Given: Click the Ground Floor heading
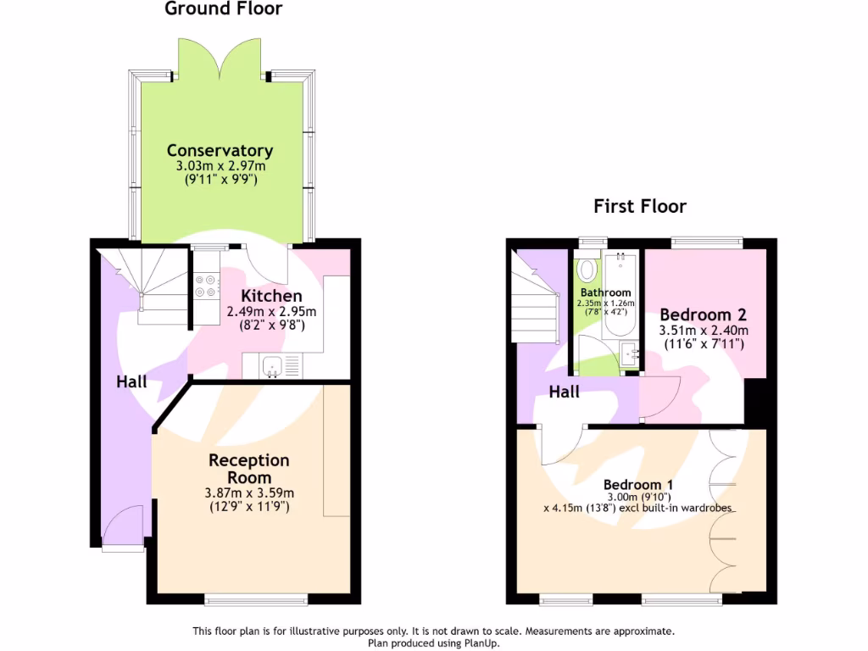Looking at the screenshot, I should click(x=223, y=9).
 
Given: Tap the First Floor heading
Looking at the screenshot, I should click(x=639, y=206).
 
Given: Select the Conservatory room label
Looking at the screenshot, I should click(x=220, y=151).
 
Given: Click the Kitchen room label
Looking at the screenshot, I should click(x=271, y=296).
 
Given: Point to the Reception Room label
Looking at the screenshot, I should click(x=249, y=469).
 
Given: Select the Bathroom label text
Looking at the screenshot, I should click(x=605, y=293).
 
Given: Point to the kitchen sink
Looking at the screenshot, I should click(x=272, y=366).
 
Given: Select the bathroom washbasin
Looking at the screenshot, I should click(x=630, y=354).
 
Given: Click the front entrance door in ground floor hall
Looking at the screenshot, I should click(x=119, y=526).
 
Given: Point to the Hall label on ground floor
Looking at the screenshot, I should click(x=131, y=382).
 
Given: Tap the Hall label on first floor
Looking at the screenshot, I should click(x=564, y=392).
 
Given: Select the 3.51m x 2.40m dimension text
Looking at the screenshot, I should click(x=704, y=331).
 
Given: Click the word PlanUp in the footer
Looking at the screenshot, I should click(x=479, y=643).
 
